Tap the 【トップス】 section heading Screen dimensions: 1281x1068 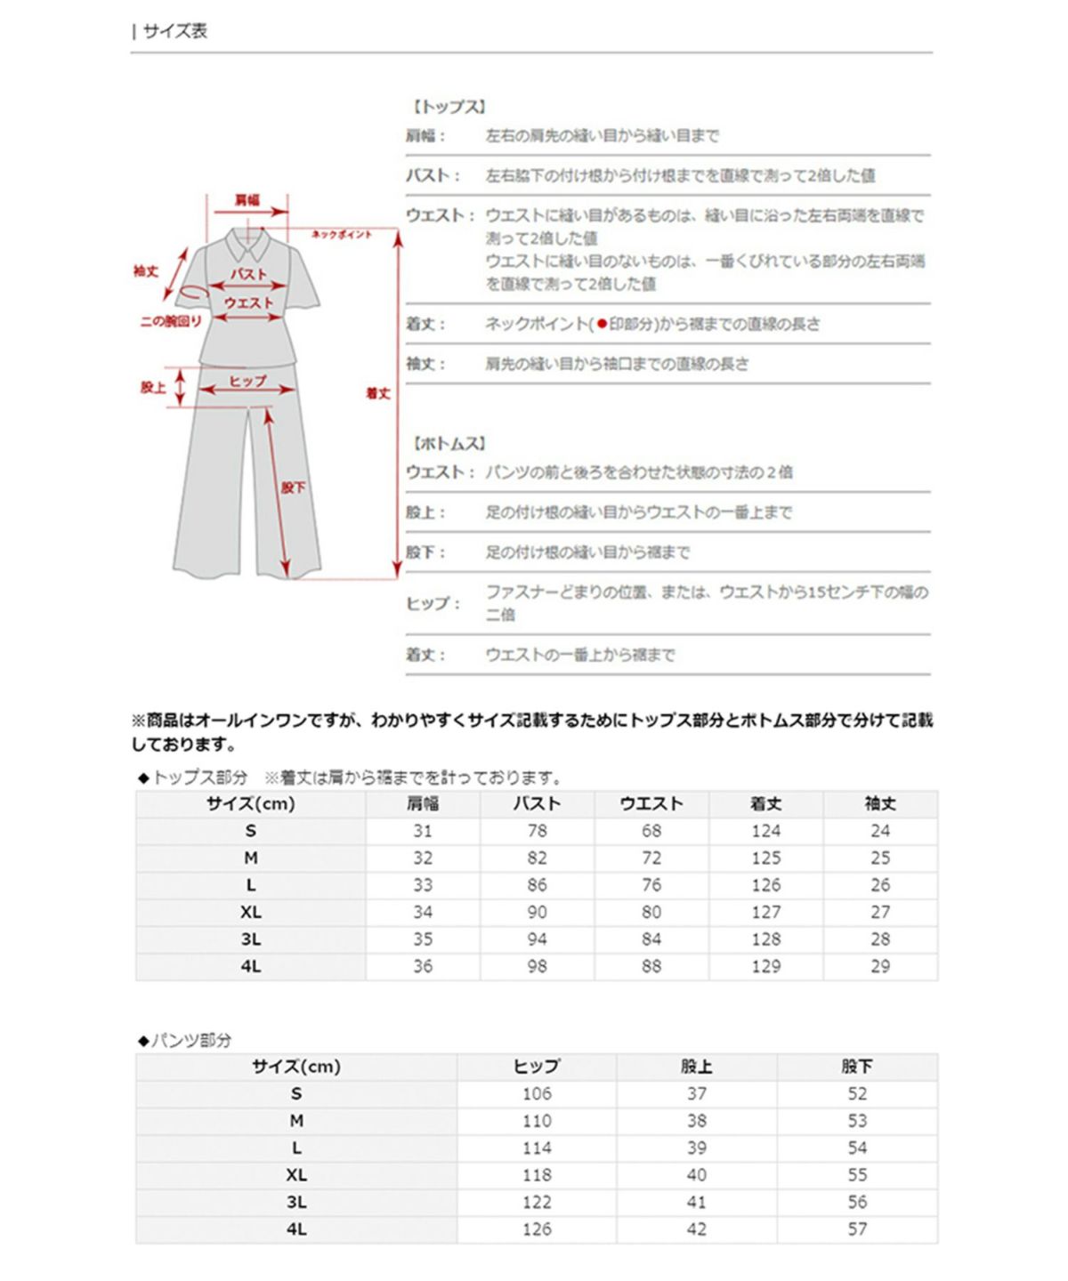point(449,107)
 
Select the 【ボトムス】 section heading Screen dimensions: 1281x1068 point(449,443)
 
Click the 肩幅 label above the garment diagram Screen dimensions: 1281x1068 point(247,199)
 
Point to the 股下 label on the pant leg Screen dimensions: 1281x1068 point(293,487)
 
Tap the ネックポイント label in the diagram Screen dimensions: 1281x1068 point(342,235)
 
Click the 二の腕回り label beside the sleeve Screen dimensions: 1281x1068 point(171,321)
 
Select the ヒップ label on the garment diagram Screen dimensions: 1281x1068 point(247,381)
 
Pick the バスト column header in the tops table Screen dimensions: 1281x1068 point(537,804)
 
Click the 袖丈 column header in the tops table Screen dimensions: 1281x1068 point(880,804)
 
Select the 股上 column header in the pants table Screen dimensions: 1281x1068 point(697,1067)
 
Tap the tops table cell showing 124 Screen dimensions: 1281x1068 point(765,831)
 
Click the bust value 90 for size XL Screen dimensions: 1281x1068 point(537,912)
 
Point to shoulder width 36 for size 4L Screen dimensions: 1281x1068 point(423,966)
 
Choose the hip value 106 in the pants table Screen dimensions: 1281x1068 point(537,1093)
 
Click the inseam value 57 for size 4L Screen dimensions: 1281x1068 point(857,1229)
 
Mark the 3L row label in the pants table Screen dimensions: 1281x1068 point(296,1202)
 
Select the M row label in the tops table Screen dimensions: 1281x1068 point(251,858)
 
